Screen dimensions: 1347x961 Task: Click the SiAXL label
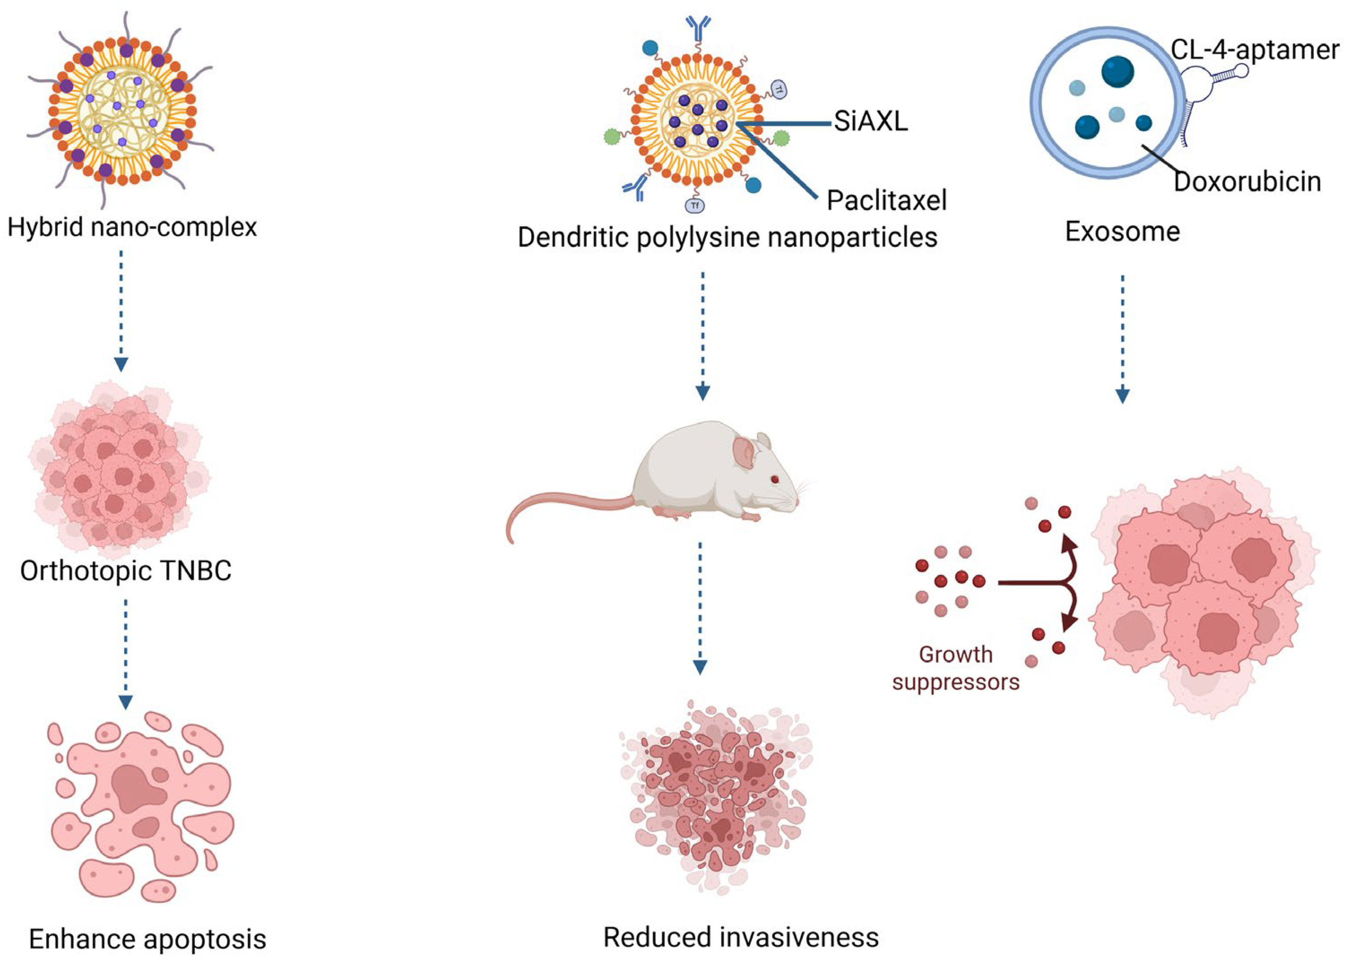(x=871, y=122)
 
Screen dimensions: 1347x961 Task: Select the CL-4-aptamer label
(x=1255, y=50)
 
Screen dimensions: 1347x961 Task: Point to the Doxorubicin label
(x=1247, y=181)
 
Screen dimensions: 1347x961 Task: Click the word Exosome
(x=1122, y=231)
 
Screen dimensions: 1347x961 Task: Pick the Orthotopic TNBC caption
(x=126, y=571)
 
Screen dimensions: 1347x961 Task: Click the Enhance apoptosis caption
(x=147, y=939)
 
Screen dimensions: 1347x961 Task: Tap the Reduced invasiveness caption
(x=741, y=937)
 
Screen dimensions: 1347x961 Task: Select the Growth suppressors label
(x=956, y=668)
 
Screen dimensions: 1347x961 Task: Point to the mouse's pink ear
(x=744, y=453)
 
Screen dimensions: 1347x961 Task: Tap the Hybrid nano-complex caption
(x=132, y=227)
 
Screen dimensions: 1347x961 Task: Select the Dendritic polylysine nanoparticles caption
(x=728, y=237)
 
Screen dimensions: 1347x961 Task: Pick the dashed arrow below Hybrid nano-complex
(x=121, y=311)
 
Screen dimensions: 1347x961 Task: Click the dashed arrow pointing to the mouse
(x=702, y=336)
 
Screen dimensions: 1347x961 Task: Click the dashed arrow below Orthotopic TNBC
(x=126, y=654)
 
